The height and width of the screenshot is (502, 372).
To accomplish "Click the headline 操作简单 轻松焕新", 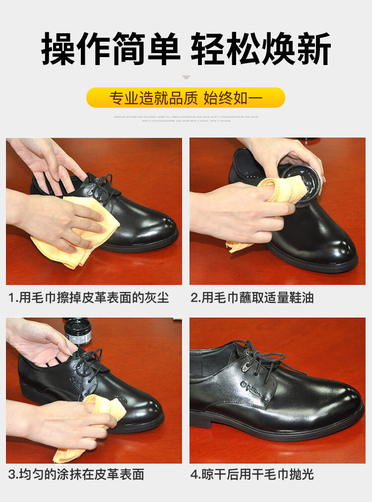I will pos(186,49).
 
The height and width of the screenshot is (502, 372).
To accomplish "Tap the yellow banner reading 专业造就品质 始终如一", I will pos(186,98).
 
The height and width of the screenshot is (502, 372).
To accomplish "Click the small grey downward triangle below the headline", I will pos(186,77).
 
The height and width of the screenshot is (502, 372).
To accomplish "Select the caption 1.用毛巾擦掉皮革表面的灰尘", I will pos(89,298).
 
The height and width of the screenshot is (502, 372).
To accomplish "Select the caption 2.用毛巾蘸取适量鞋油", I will pos(252,298).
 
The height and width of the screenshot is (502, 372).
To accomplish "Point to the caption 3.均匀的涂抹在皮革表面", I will pos(76,474).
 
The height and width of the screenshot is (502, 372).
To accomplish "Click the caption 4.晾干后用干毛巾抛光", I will pos(252,474).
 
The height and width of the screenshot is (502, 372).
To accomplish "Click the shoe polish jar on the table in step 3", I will pos(77,331).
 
